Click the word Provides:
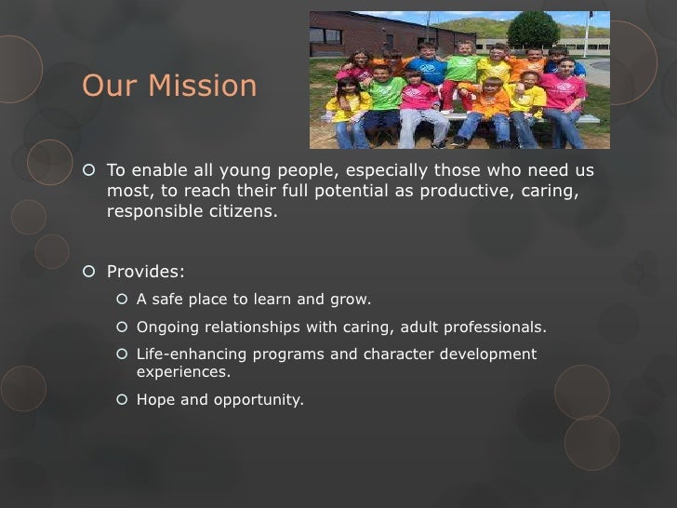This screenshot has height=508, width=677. tap(146, 273)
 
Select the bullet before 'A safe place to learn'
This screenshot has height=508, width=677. tap(122, 300)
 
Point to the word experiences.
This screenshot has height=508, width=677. tap(183, 372)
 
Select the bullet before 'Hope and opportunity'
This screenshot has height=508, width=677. tap(122, 400)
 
